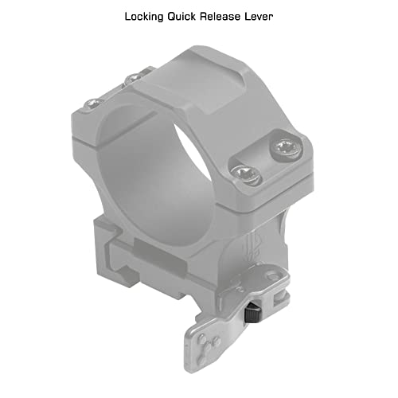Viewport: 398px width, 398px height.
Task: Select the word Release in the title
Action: [220, 17]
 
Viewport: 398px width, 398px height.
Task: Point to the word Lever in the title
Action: [259, 17]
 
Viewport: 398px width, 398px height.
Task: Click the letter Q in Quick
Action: [172, 17]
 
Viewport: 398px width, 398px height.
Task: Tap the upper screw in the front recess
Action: [286, 149]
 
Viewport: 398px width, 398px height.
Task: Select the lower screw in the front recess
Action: [246, 174]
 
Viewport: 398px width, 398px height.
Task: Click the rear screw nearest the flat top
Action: [133, 79]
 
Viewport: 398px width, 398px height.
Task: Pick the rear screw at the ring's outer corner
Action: [93, 103]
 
